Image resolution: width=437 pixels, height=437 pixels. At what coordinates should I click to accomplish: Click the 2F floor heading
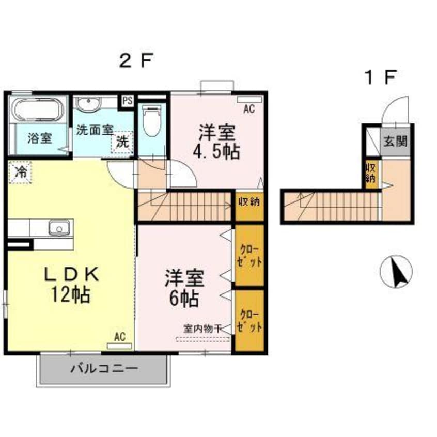coord(136,62)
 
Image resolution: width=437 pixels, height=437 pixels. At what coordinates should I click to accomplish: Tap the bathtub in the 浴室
coord(37,111)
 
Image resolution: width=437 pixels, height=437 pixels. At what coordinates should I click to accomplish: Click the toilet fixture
coord(151,121)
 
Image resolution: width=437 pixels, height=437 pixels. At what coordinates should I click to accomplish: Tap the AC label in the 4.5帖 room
coord(249,109)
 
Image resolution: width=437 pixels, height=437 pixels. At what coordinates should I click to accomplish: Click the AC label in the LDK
coord(120,337)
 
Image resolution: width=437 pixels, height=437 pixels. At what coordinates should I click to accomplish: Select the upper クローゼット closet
coord(249,256)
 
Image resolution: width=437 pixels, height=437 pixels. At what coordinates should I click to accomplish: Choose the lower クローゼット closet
coord(249,321)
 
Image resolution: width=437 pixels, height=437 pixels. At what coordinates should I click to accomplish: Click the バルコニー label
coord(104,369)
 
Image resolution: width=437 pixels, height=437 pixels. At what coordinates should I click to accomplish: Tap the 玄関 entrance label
coord(397,141)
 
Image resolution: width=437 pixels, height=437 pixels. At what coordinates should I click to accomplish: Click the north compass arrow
coord(397,272)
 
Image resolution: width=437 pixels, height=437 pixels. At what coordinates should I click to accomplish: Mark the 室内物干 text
coord(202,327)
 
